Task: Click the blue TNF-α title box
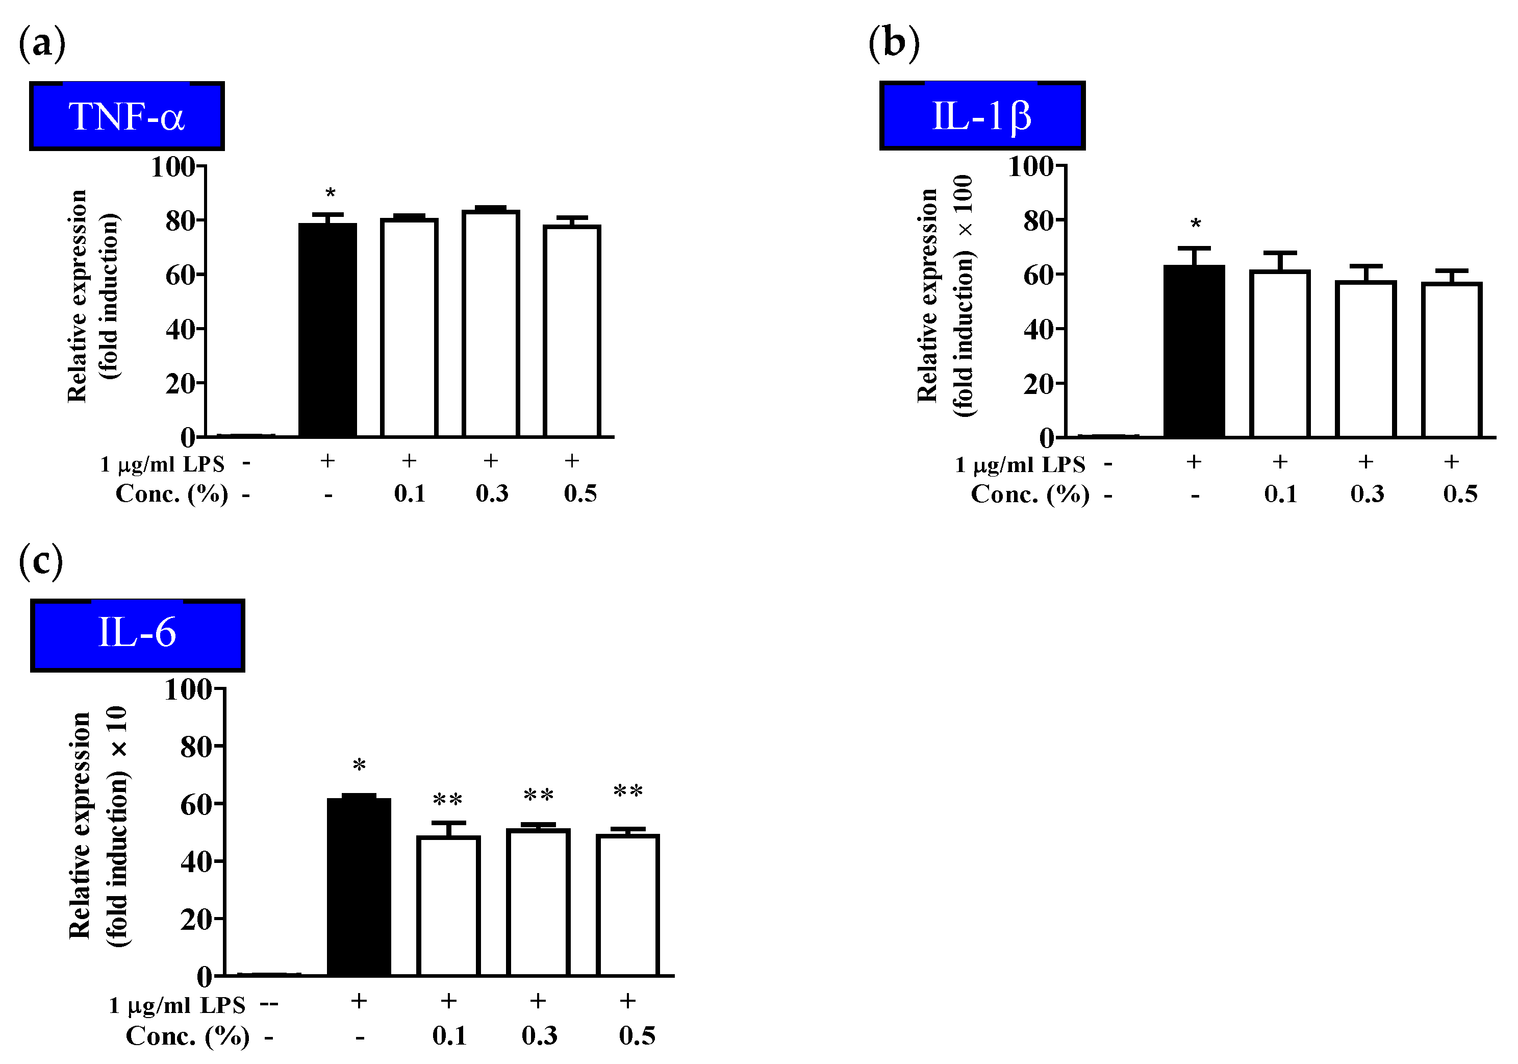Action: pyautogui.click(x=127, y=116)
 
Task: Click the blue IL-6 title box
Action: pyautogui.click(x=138, y=635)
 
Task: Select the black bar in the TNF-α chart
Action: pyautogui.click(x=328, y=331)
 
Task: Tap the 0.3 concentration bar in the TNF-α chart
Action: pyautogui.click(x=491, y=324)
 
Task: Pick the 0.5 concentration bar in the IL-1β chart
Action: pyautogui.click(x=1452, y=360)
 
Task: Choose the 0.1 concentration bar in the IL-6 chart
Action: pyautogui.click(x=448, y=906)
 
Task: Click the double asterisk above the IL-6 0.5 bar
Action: pyautogui.click(x=627, y=791)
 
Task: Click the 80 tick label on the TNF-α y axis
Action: pyautogui.click(x=181, y=221)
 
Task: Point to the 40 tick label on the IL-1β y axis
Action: pyautogui.click(x=1039, y=329)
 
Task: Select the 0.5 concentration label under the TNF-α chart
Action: pyautogui.click(x=580, y=493)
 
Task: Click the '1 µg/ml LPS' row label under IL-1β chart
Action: pyautogui.click(x=1020, y=465)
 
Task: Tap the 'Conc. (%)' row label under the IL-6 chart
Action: pyautogui.click(x=188, y=1035)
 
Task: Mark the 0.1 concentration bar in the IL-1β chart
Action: pyautogui.click(x=1280, y=354)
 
